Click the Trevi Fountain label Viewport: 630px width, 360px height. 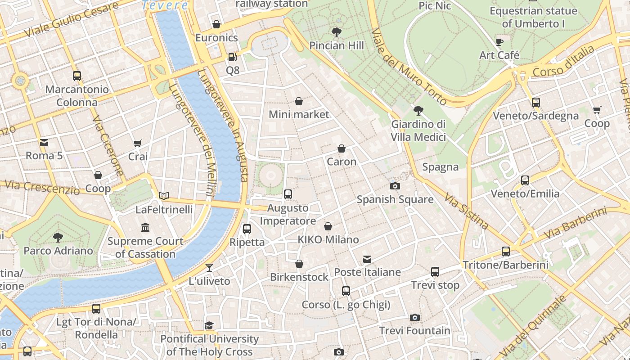(x=414, y=331)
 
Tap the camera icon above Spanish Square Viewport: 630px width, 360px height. (x=395, y=186)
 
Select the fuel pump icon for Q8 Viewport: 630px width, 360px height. (x=232, y=57)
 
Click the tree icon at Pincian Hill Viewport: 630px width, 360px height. (x=336, y=32)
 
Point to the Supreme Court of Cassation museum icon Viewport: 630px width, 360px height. (x=145, y=228)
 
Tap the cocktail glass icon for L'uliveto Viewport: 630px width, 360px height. (x=209, y=268)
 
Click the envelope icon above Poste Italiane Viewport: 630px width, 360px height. (x=367, y=259)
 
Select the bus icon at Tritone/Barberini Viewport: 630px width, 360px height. (x=506, y=252)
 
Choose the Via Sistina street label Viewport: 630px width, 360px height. (x=466, y=211)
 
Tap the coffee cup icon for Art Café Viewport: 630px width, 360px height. (x=499, y=42)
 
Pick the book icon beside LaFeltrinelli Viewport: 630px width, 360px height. (x=164, y=196)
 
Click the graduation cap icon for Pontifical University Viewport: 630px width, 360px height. (x=209, y=325)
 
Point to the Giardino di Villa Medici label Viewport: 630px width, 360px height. (x=418, y=130)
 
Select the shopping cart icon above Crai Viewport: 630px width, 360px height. (x=138, y=144)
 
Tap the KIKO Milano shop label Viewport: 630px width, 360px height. (x=328, y=239)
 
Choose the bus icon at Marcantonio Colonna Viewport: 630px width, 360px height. (x=77, y=76)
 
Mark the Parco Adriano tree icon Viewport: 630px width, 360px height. (x=58, y=237)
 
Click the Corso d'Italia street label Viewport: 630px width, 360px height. (x=563, y=62)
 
